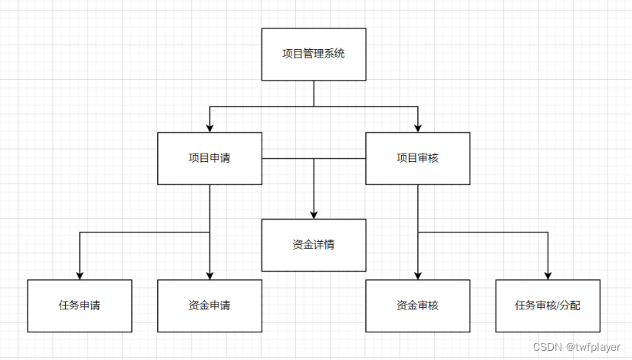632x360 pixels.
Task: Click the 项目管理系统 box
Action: coord(314,54)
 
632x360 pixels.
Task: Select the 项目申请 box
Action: coord(209,158)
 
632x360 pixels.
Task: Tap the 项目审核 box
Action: coord(417,158)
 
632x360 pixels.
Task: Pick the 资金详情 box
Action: coord(314,245)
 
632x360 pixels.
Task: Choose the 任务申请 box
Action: coord(79,306)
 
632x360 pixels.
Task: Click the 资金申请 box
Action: coord(209,306)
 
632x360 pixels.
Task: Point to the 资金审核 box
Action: coord(417,306)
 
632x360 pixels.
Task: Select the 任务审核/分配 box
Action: coord(548,306)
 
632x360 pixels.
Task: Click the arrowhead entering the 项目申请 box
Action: coord(209,127)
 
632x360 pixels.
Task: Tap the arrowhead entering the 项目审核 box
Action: coord(417,127)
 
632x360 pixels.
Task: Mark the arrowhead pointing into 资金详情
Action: coord(314,214)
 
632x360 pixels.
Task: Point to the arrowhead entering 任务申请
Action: coord(79,275)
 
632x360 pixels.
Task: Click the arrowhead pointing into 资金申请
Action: coord(209,275)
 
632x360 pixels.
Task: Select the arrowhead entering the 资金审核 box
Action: coord(417,275)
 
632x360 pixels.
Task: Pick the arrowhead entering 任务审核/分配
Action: coord(548,275)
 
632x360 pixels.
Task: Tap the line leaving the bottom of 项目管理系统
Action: coord(314,92)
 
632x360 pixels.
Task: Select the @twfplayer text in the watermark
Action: coord(592,348)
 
